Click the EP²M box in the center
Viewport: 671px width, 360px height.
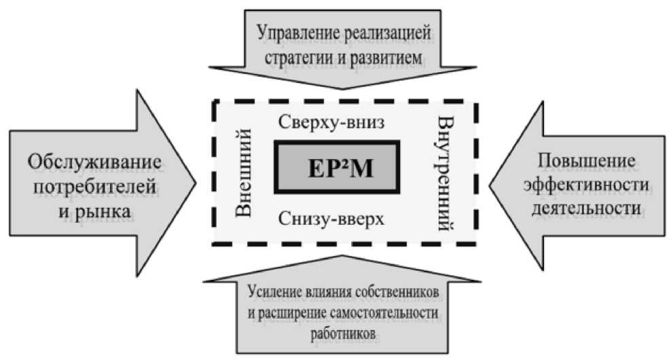pos(337,166)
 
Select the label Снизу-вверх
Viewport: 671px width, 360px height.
pos(331,219)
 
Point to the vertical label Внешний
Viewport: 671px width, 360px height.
pos(249,175)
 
